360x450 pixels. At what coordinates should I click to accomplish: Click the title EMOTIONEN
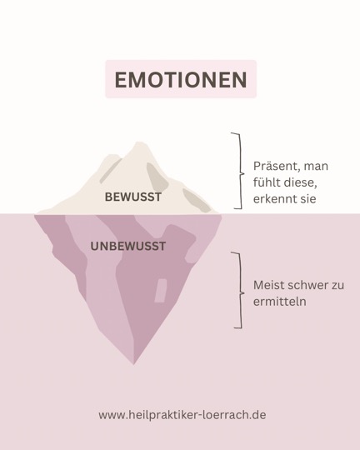point(181,79)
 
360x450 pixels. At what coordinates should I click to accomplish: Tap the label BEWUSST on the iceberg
point(133,197)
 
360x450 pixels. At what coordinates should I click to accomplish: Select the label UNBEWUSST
point(128,246)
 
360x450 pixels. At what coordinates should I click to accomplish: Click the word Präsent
point(277,166)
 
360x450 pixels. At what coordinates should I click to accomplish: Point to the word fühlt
point(267,182)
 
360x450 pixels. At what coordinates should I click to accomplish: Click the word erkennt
point(275,198)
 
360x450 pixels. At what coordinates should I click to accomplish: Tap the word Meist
point(268,285)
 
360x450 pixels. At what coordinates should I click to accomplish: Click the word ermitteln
point(280,302)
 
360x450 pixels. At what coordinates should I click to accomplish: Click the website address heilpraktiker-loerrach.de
point(182,415)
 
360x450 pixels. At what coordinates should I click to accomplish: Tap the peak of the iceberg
point(138,142)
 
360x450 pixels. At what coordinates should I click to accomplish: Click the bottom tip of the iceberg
point(134,364)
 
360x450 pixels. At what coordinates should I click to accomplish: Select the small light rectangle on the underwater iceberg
point(161,291)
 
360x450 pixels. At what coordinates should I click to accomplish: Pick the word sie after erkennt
point(308,198)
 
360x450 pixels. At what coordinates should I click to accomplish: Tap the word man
point(316,167)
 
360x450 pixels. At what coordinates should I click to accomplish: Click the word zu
point(337,286)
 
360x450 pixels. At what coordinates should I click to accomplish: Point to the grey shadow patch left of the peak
point(110,171)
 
